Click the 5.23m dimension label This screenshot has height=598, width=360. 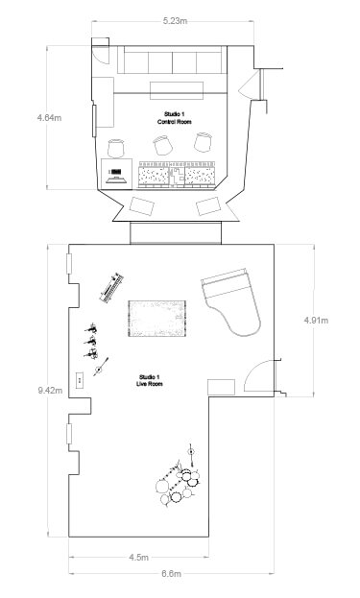point(175,21)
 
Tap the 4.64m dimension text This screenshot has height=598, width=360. point(49,118)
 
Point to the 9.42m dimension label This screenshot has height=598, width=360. point(50,390)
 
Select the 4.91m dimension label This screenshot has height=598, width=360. point(316,321)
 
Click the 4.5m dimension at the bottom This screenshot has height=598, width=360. point(138,557)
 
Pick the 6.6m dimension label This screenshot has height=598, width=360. point(171,573)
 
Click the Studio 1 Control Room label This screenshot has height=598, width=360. point(175,118)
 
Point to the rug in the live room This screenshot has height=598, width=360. point(157,319)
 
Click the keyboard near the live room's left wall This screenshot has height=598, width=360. point(112,288)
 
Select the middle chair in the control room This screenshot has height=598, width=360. point(163,145)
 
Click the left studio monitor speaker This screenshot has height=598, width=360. point(142,206)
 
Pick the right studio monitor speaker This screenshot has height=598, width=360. point(208,206)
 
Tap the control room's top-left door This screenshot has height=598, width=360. point(101,55)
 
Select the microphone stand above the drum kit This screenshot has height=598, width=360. point(191,455)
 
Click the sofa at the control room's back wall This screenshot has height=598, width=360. point(172,60)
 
